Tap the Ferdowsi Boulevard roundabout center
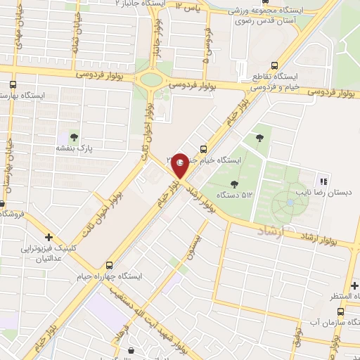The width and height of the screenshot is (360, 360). pyautogui.click(x=151, y=79)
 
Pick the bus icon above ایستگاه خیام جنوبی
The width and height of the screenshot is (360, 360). pyautogui.click(x=203, y=148)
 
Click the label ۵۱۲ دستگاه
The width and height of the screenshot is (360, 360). pyautogui.click(x=237, y=195)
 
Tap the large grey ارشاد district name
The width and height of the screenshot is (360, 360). pyautogui.click(x=269, y=231)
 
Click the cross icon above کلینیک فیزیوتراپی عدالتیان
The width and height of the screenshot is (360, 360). pyautogui.click(x=49, y=237)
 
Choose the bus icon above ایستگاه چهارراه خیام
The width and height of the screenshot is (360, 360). pyautogui.click(x=109, y=266)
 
